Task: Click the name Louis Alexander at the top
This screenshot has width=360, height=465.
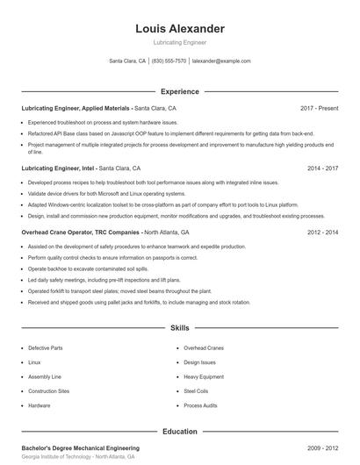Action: (180, 28)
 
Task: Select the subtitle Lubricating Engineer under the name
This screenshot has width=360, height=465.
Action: (180, 42)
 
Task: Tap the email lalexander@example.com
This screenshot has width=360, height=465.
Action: (221, 61)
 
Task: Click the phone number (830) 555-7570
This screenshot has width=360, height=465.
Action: (169, 61)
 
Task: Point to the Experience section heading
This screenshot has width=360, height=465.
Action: (180, 91)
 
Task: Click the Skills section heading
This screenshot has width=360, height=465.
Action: (180, 328)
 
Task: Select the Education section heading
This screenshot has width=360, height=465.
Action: (180, 432)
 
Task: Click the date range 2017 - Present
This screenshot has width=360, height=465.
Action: (319, 108)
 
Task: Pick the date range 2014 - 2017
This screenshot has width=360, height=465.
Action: (323, 168)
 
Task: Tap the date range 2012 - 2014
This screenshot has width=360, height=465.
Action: (323, 232)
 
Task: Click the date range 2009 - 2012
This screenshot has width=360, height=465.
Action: (323, 447)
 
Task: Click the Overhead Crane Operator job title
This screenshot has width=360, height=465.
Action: (80, 232)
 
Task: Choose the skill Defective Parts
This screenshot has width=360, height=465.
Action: (45, 348)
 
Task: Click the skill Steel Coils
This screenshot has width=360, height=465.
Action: (195, 391)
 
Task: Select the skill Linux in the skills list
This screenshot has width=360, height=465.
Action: (34, 362)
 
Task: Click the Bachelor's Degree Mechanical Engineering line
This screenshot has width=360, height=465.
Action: (80, 447)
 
